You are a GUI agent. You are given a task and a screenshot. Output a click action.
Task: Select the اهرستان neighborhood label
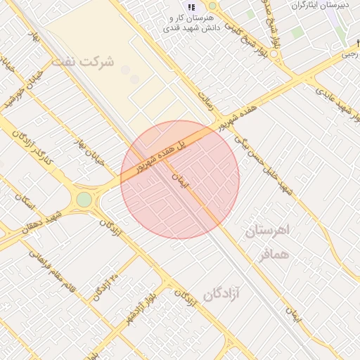click(267, 231)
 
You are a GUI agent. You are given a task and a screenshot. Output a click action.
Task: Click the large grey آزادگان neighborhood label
click(221, 293)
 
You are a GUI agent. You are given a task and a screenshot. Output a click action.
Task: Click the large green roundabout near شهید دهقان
click(84, 200)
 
